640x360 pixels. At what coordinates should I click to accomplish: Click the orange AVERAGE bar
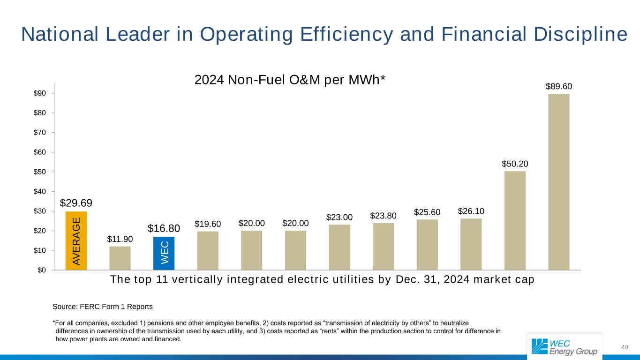76,241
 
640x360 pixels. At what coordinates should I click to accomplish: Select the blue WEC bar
164,253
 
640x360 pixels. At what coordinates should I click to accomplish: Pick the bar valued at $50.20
515,220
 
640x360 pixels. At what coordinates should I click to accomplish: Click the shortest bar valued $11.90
120,258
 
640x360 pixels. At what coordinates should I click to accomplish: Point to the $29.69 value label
76,203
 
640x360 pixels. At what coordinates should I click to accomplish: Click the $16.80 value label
164,228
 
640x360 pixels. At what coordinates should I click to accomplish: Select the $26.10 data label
471,212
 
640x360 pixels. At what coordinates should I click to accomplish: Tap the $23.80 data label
383,216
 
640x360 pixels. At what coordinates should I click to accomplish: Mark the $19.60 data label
208,224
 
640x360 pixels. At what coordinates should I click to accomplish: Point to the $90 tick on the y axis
39,93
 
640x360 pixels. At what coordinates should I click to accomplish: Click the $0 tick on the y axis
41,270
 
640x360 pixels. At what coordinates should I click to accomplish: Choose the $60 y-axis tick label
39,152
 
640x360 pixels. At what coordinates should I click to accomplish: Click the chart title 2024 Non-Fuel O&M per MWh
290,80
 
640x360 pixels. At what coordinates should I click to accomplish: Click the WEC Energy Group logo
564,346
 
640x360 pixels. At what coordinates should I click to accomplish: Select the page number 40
624,347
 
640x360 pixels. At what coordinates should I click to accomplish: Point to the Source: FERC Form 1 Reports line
103,307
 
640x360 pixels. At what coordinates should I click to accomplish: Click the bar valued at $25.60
427,245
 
